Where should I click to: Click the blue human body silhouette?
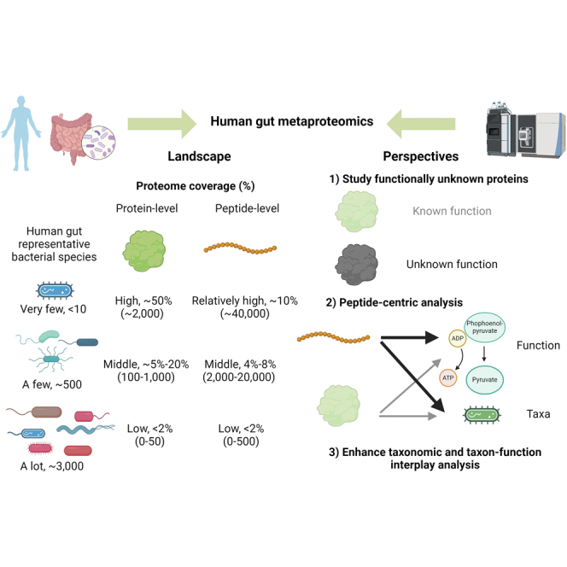(x=21, y=133)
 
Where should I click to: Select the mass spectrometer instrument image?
(x=526, y=130)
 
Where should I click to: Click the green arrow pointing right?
(x=162, y=124)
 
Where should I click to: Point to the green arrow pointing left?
(x=421, y=124)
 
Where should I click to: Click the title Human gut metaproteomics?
(x=292, y=121)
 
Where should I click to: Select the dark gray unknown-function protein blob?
(x=357, y=265)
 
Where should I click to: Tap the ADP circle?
(x=458, y=338)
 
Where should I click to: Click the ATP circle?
(x=448, y=378)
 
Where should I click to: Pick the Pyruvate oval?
(x=484, y=380)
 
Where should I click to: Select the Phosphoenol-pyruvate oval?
(x=484, y=327)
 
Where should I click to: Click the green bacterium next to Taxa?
(x=482, y=415)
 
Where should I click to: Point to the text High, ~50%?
(x=143, y=301)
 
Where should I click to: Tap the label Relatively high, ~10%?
(x=245, y=301)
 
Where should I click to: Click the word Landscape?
(x=199, y=156)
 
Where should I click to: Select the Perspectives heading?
(x=421, y=156)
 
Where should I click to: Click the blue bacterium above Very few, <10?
(x=55, y=290)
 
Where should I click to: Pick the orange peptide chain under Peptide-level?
(x=240, y=248)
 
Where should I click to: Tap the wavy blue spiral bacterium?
(x=85, y=430)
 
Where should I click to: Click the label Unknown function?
(x=452, y=265)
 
